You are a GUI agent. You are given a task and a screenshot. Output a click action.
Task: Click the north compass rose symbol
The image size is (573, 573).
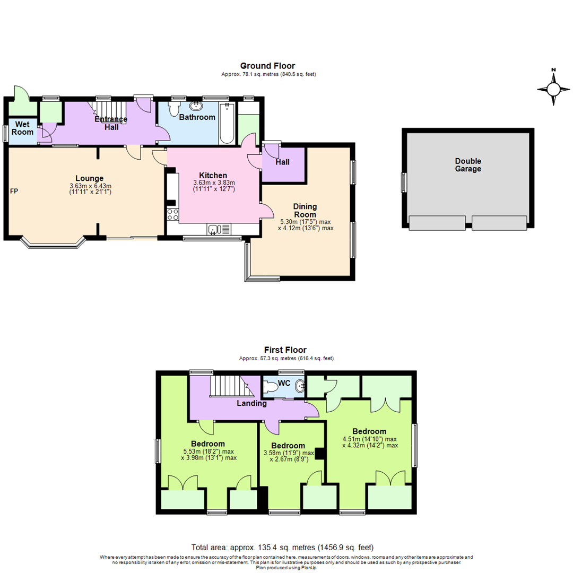(x=553, y=89)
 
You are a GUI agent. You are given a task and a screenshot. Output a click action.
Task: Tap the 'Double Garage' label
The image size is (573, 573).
(x=468, y=165)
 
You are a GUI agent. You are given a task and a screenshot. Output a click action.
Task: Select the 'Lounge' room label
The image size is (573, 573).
(x=89, y=178)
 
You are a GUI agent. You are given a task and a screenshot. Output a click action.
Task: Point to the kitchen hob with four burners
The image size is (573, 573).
(x=173, y=214)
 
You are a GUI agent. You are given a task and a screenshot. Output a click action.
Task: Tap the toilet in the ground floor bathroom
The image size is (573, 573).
(x=172, y=109)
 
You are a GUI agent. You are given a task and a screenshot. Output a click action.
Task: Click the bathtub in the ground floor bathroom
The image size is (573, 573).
(x=227, y=123)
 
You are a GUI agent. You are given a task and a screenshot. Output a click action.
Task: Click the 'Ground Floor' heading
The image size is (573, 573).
(x=268, y=66)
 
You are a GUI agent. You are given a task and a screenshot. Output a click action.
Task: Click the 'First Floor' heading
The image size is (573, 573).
(x=286, y=350)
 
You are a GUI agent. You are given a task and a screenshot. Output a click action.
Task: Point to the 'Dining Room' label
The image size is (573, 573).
(x=305, y=210)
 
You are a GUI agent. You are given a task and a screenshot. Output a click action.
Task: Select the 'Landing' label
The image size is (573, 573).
(x=251, y=403)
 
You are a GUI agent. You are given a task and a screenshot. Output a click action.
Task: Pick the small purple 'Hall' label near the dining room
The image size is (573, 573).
(x=282, y=162)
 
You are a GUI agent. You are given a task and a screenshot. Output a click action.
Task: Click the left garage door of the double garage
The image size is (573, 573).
(x=437, y=223)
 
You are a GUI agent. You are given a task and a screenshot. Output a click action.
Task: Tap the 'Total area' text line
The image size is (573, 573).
(x=282, y=547)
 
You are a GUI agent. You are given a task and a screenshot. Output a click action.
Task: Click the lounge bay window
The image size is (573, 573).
(x=53, y=245)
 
